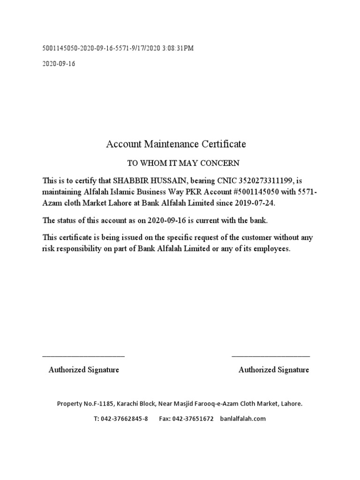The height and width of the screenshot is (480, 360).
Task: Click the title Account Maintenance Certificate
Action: [176, 144]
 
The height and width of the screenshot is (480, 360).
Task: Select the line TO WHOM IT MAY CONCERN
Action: [184, 163]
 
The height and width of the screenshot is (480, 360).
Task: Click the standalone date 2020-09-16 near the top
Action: [59, 64]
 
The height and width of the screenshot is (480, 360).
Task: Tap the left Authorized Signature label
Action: [84, 370]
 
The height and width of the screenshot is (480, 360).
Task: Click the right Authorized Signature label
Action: [274, 370]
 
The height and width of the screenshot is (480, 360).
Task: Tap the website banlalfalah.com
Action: [243, 419]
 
